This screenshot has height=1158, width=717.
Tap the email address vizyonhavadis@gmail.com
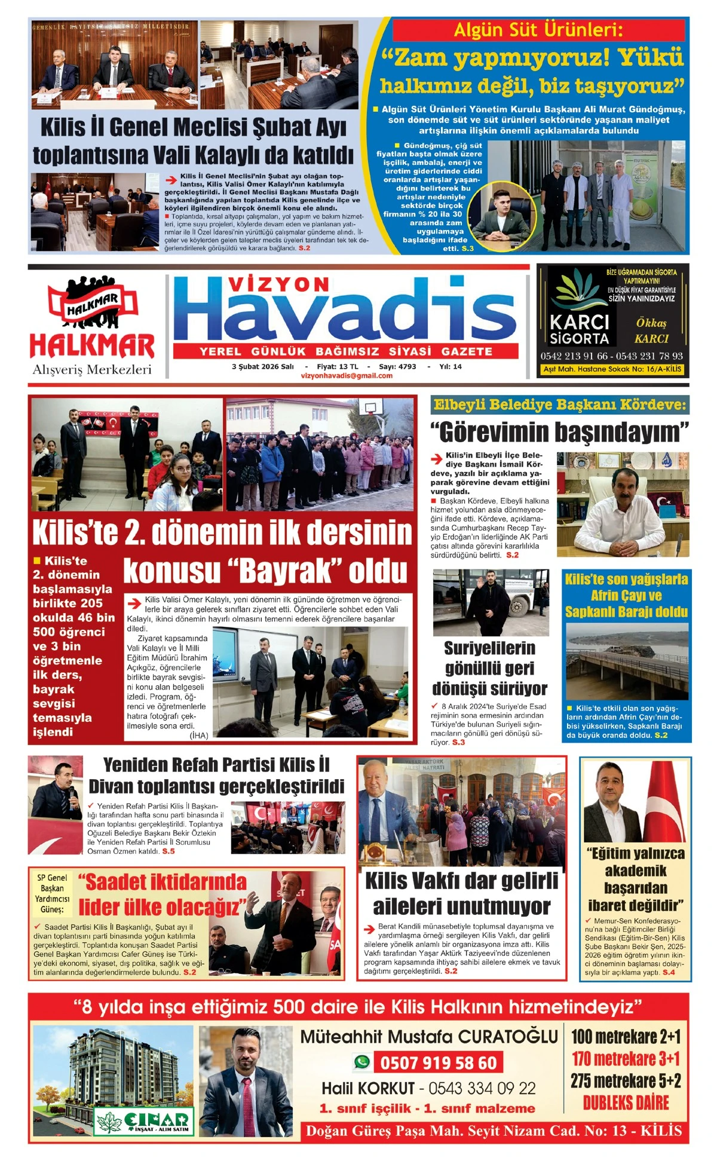347,376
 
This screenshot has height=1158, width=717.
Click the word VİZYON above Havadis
279,284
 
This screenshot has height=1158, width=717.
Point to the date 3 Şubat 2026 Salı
263,366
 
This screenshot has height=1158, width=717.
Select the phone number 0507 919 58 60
438,1063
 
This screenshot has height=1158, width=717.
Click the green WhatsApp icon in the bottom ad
361,1062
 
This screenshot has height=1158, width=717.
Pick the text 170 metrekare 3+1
626,1059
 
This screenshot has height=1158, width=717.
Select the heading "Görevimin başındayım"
559,432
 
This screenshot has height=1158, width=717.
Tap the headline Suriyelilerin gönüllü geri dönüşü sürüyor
489,668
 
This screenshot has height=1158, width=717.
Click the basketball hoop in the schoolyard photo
371,408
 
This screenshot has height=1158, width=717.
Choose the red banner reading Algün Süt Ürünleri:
538,30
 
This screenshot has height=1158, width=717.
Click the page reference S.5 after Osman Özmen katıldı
168,851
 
